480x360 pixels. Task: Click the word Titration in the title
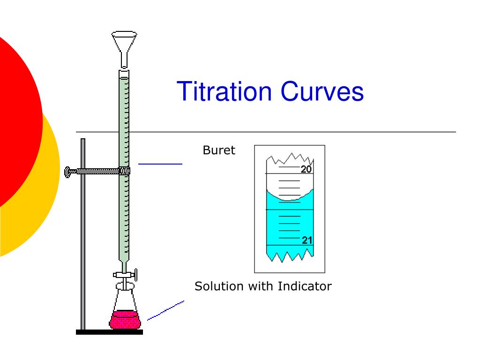point(224,91)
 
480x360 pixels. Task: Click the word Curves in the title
point(322,91)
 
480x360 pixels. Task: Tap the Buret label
point(219,150)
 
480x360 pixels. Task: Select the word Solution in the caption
point(218,286)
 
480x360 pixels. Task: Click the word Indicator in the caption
point(305,286)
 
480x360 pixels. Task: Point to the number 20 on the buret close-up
point(306,169)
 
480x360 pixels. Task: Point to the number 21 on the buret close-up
point(307,240)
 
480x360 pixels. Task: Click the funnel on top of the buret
point(124,49)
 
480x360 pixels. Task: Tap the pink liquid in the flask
point(125,320)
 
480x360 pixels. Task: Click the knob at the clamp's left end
point(67,172)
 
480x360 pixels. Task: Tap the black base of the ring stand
point(109,332)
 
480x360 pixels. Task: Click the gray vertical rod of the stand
point(83,234)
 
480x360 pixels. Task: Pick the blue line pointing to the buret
point(160,164)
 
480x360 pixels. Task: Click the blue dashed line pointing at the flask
point(165,311)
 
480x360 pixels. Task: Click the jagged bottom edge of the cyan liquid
point(290,256)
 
